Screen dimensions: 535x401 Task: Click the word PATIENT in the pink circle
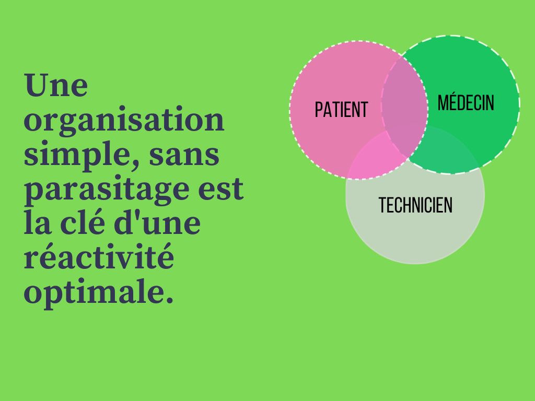341,110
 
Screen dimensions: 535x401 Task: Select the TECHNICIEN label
415,205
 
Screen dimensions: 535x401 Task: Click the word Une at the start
56,85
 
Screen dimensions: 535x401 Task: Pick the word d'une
157,222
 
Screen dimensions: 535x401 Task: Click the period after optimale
169,299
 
